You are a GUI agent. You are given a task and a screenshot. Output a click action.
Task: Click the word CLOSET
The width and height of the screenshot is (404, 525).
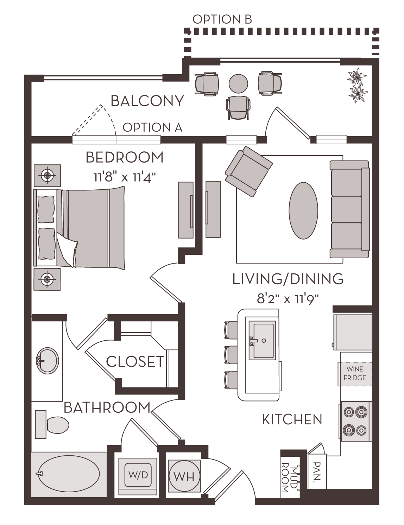click(135, 362)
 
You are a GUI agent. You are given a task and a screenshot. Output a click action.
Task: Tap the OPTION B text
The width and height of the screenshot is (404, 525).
click(222, 20)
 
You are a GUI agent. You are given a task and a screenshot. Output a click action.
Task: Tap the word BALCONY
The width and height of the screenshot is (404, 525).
click(147, 101)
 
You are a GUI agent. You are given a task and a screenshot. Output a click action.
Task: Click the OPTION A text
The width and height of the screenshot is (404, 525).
click(152, 127)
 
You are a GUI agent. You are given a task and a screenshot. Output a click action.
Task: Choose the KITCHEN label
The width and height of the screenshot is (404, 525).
click(292, 419)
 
